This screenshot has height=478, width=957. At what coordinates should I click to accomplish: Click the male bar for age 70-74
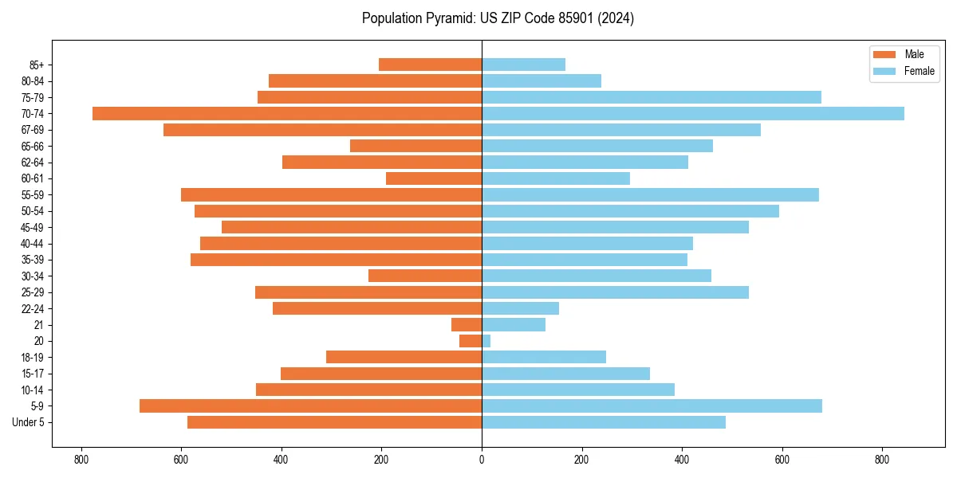[287, 113]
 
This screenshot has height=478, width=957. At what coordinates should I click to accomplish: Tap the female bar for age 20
[486, 341]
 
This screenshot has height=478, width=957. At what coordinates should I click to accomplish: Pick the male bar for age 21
[467, 325]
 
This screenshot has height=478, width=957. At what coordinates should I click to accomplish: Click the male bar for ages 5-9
[311, 406]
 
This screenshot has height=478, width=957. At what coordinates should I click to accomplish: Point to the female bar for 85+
[523, 65]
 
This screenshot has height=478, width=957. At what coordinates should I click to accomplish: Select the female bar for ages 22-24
[520, 308]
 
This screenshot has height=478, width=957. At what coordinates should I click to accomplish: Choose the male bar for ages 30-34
[425, 276]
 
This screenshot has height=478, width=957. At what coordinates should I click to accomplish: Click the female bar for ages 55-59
[650, 194]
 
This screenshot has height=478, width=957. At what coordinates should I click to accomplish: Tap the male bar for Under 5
[335, 422]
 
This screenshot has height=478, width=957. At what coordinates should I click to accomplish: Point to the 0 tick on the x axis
[482, 460]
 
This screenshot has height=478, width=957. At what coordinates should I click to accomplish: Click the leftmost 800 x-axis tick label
[81, 460]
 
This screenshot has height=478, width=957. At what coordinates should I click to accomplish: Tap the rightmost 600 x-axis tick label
[782, 460]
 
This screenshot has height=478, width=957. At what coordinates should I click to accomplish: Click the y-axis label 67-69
[33, 130]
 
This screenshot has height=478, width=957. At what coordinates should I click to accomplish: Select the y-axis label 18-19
[33, 358]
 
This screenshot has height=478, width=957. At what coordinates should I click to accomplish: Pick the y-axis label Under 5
[29, 422]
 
